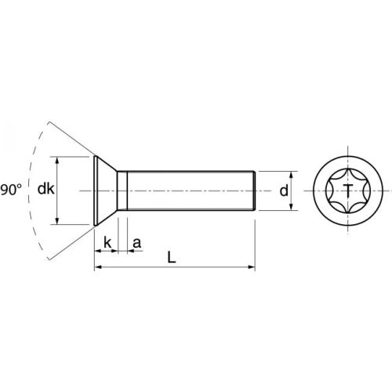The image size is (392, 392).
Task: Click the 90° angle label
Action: coord(11,190)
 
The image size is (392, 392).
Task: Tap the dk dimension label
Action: coord(45,190)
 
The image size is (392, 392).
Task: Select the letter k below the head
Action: coord(107,243)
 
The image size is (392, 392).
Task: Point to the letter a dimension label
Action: coord(136,243)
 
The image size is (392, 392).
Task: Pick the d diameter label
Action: coord(284,191)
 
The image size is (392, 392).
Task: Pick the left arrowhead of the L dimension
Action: coord(98,268)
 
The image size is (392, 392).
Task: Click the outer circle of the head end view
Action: coord(346,157)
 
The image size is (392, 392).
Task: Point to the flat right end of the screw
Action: coord(256,191)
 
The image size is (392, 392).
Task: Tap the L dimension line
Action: coord(204,268)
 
